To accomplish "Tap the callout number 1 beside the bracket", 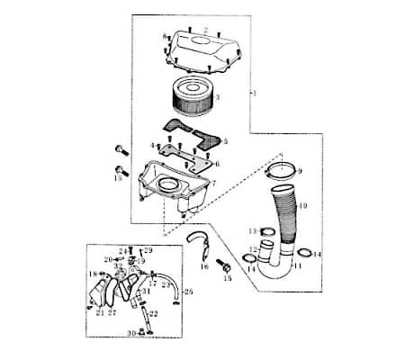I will click(256, 94).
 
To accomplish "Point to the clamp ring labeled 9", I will click(282, 168).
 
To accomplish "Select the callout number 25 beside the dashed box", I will click(188, 292).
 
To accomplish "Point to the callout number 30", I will click(130, 333).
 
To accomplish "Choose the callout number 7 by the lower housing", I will click(213, 183).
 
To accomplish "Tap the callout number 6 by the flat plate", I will click(217, 164).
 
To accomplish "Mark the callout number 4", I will click(153, 145).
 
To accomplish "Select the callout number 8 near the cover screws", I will click(165, 36).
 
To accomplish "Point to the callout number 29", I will click(149, 249).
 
